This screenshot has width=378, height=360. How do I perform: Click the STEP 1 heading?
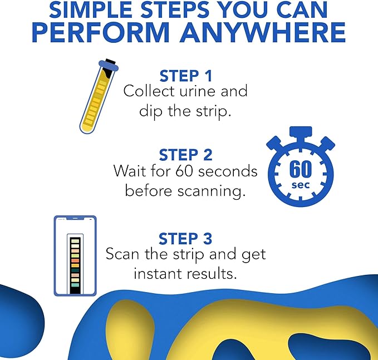(185, 76)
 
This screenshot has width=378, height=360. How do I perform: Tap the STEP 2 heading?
(185, 155)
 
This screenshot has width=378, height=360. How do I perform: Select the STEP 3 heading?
(185, 239)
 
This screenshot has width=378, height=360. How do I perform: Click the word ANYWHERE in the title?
(263, 32)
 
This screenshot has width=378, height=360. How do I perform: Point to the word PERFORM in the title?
(101, 32)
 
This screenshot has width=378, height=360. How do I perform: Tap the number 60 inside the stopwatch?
(301, 169)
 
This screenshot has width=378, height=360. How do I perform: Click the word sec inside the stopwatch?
(301, 185)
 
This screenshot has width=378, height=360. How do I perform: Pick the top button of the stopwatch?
(301, 131)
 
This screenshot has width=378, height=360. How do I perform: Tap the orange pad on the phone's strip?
(75, 260)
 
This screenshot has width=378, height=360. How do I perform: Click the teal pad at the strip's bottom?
(75, 285)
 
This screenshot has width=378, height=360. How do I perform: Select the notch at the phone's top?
(75, 218)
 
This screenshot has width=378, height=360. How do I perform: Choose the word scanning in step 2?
(212, 191)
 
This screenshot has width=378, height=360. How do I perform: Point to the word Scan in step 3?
(122, 254)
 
